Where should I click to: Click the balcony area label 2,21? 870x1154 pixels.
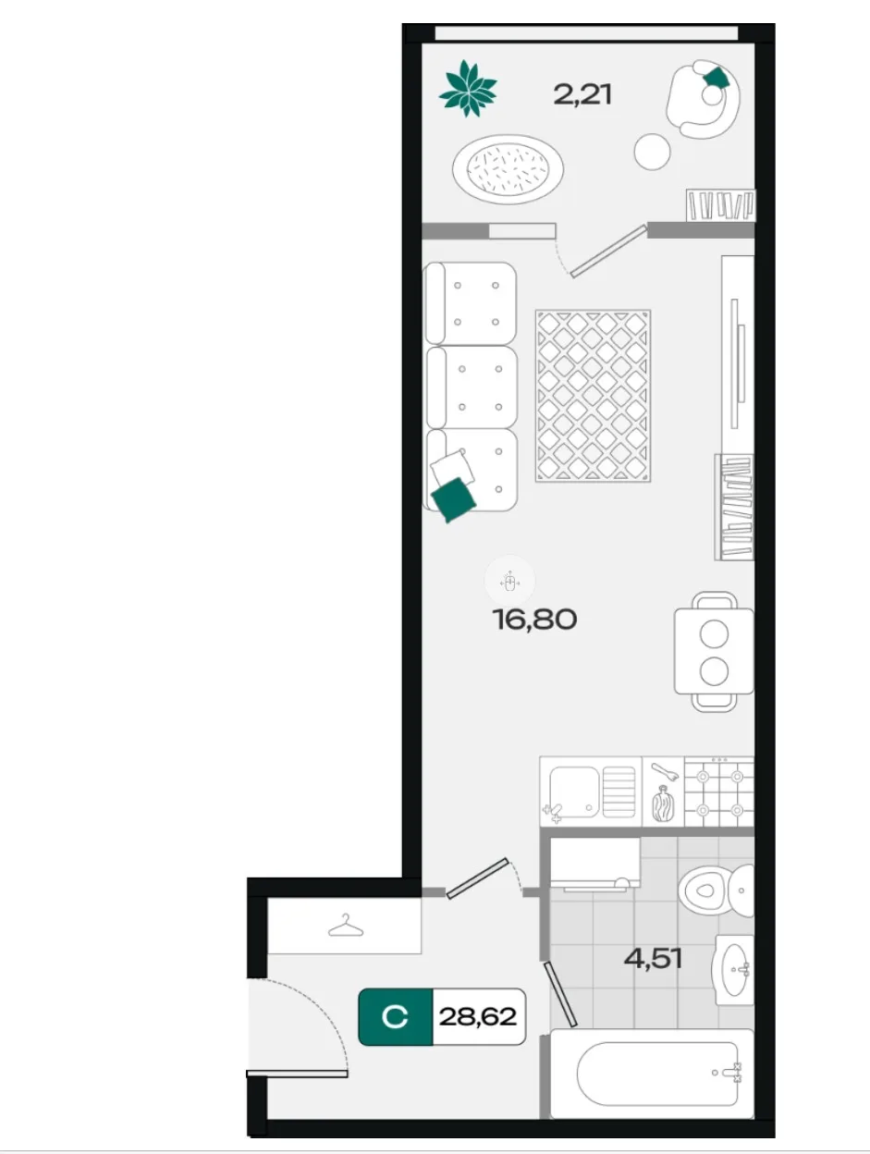tap(582, 95)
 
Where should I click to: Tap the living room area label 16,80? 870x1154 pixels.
tap(534, 620)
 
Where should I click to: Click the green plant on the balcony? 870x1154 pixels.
tap(467, 89)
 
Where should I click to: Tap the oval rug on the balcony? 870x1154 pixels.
tap(508, 169)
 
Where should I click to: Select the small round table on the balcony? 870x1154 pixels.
tap(652, 152)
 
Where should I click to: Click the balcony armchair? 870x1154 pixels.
tap(704, 99)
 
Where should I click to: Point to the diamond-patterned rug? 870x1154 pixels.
tap(593, 396)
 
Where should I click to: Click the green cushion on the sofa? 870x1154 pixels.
tap(453, 499)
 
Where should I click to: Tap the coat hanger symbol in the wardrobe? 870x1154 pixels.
tap(346, 926)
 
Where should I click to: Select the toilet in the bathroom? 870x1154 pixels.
tap(716, 890)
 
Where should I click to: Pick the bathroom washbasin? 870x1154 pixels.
tap(733, 970)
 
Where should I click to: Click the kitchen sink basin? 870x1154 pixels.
tap(574, 792)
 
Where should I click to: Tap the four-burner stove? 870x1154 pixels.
tap(719, 792)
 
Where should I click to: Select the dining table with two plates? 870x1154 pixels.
tap(714, 652)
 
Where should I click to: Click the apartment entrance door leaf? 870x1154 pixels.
tap(297, 1073)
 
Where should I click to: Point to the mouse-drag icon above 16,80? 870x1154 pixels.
tap(509, 582)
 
